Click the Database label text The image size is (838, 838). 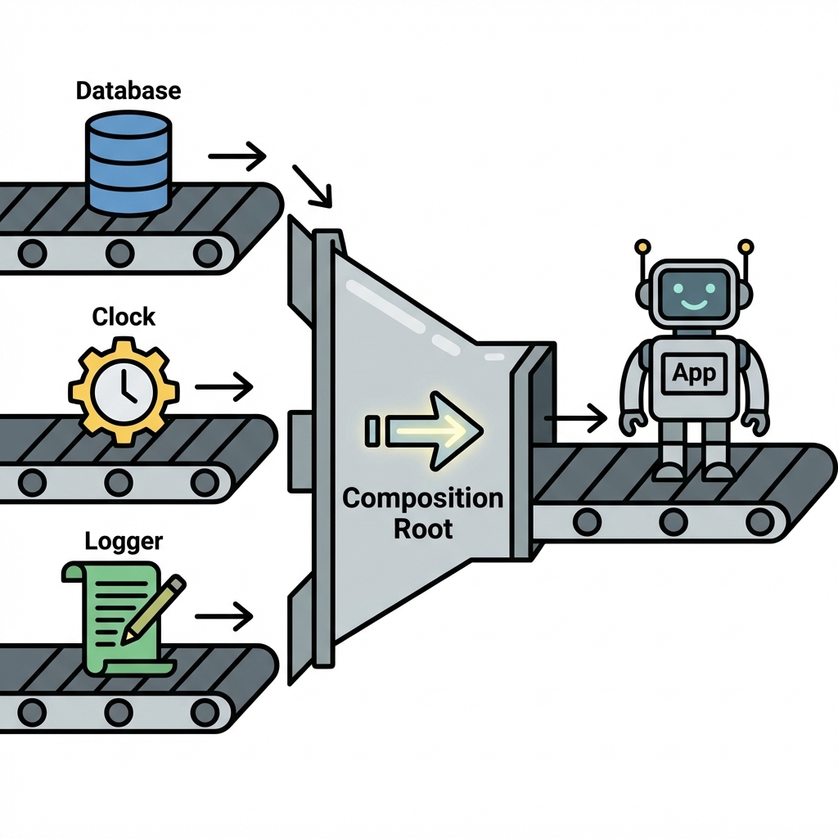(x=128, y=90)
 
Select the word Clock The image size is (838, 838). (x=124, y=317)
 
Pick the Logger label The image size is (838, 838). (x=124, y=541)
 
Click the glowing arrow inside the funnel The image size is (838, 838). (x=431, y=430)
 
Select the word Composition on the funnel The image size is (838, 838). (x=422, y=498)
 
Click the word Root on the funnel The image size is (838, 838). (x=423, y=528)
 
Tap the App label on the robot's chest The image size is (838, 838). (x=693, y=373)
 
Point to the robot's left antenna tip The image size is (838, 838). (x=642, y=245)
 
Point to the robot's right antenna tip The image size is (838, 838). (x=745, y=245)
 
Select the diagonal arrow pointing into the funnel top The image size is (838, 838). (x=313, y=187)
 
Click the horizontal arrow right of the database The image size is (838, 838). (x=238, y=154)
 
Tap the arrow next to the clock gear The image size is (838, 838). (x=224, y=386)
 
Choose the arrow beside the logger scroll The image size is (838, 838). (x=224, y=617)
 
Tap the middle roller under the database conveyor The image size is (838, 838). (x=119, y=250)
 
